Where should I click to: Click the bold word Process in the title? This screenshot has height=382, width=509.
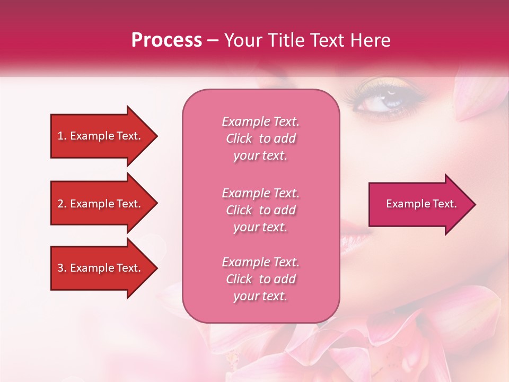point(166,40)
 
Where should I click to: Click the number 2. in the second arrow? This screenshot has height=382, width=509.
point(62,204)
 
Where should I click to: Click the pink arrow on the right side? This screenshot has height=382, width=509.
point(419,204)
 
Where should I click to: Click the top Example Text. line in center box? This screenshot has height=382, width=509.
point(260,121)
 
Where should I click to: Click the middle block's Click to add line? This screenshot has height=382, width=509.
point(260,210)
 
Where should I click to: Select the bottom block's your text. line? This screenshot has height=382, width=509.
point(260,297)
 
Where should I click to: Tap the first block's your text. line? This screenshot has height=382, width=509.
point(260,156)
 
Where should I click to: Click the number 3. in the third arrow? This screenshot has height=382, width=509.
point(62,268)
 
